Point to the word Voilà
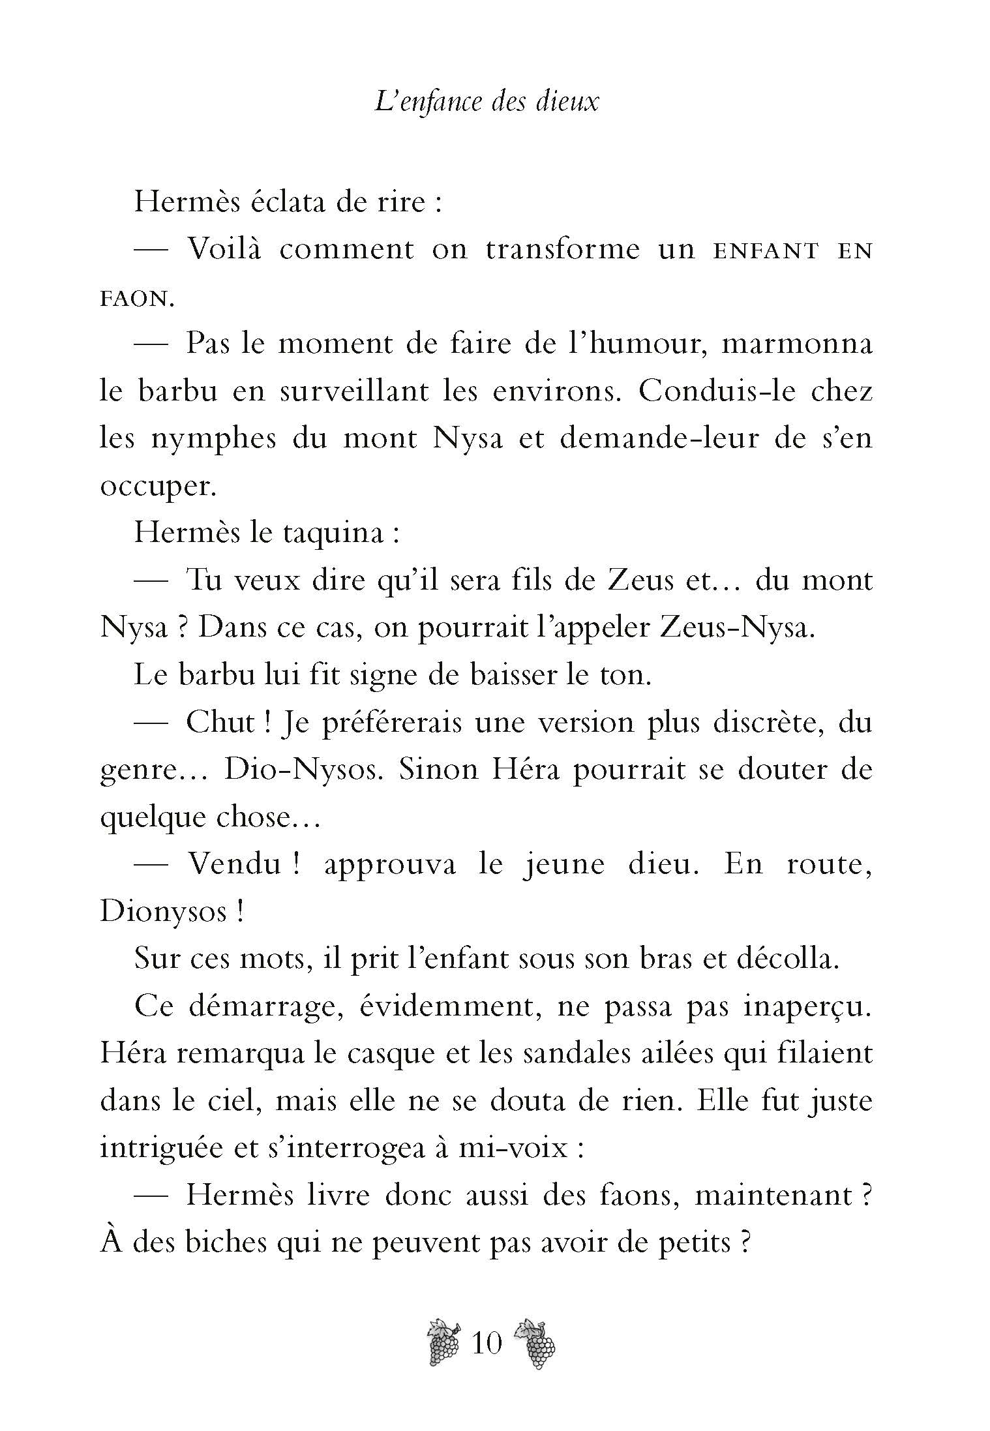pos(224,249)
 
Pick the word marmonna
pos(797,344)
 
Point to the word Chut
pos(220,723)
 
